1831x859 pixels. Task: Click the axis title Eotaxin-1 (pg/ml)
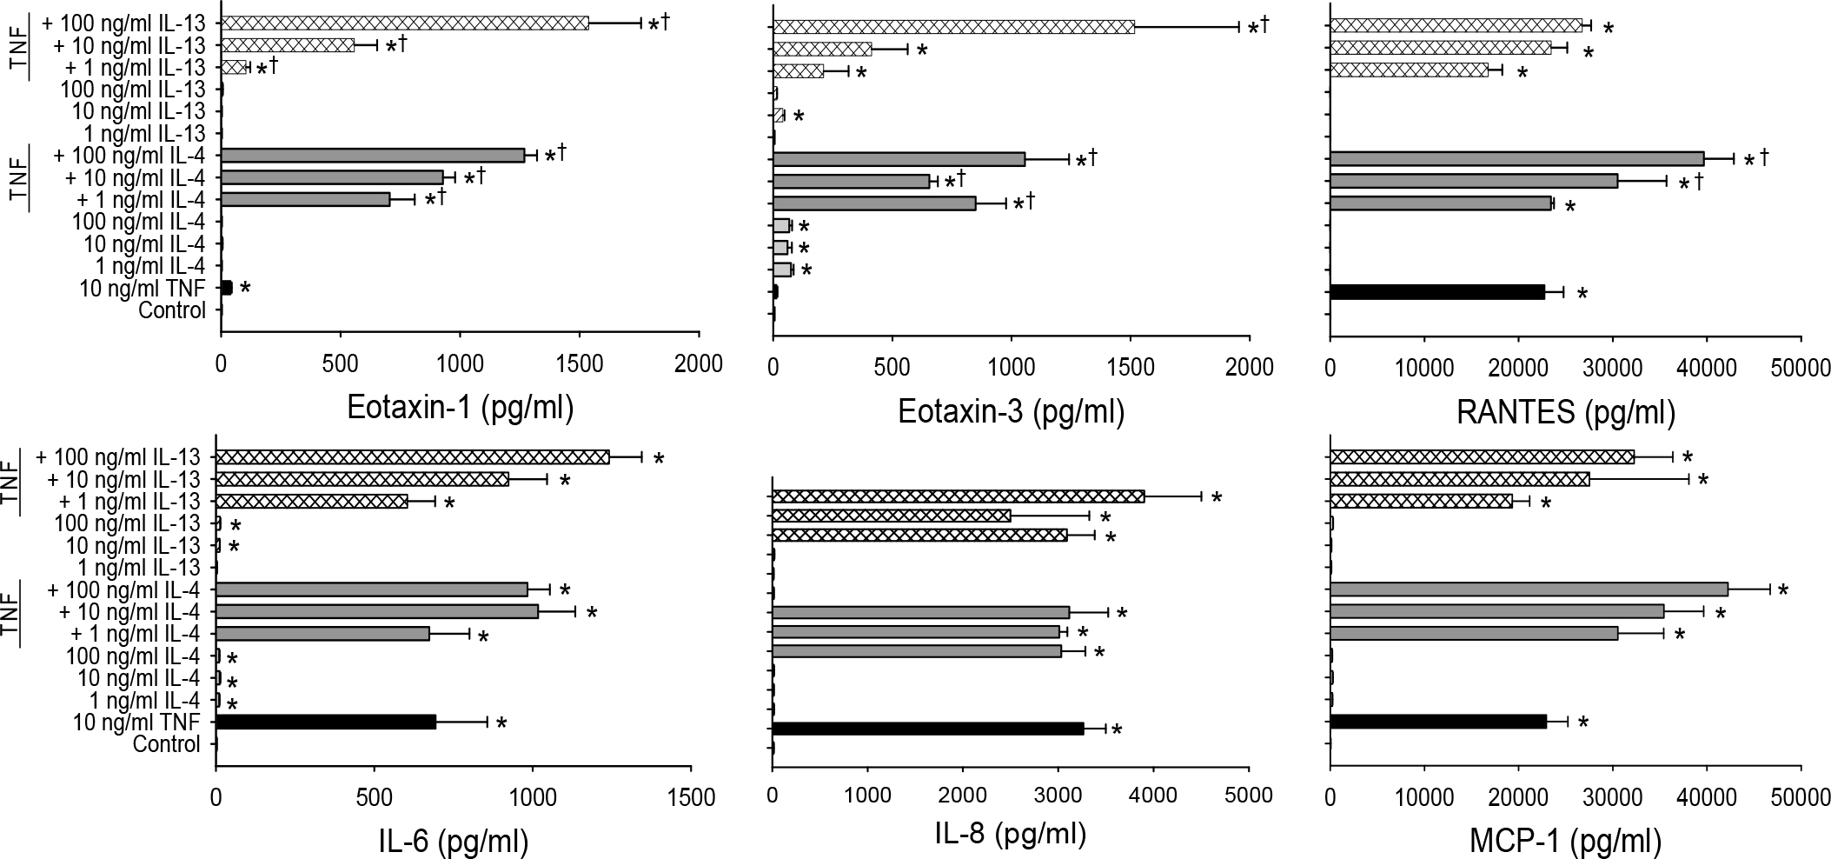tap(460, 407)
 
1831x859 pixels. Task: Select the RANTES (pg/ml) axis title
tap(1565, 411)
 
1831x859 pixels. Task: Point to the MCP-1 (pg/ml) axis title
tap(1565, 841)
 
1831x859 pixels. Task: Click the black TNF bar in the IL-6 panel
tap(326, 722)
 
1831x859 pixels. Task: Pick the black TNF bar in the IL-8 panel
tap(928, 729)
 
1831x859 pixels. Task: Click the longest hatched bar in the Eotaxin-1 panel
tap(405, 23)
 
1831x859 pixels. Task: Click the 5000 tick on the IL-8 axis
tap(1249, 795)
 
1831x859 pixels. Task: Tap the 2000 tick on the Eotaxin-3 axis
tap(1250, 367)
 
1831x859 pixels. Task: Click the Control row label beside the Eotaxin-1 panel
tap(172, 310)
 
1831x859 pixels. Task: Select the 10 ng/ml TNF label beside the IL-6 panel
tap(136, 722)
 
